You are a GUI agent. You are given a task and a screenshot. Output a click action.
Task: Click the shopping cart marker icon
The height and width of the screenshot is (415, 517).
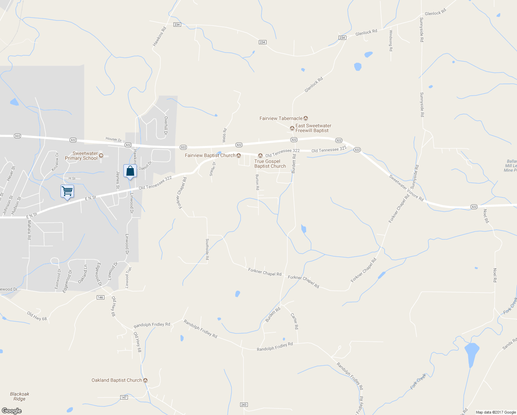[x=67, y=191]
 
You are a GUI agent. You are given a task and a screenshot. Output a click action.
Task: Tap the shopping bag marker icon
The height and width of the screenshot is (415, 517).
[x=130, y=171]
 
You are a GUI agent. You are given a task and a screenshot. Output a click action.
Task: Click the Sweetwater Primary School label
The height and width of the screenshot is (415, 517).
[x=82, y=156]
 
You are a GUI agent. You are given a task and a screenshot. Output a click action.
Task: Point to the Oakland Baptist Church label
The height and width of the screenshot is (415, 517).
[x=117, y=380]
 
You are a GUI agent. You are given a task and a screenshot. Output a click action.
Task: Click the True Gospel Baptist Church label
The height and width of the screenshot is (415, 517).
[x=270, y=164]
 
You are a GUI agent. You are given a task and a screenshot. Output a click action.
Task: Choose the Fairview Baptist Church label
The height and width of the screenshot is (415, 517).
[x=210, y=155]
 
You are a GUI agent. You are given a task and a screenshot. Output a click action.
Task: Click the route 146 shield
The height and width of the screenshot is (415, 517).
[x=100, y=297]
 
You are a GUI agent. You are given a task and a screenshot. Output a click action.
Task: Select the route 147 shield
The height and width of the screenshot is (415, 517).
[x=124, y=397]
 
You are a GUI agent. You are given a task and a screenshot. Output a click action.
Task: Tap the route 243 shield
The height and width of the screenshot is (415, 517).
[x=244, y=405]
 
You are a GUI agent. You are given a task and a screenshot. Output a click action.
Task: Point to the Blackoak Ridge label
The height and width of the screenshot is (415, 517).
[x=20, y=396]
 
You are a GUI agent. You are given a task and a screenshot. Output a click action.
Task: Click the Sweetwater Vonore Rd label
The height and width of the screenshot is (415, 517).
[x=406, y=188]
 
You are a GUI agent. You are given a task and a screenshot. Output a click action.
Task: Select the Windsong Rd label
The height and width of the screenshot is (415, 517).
[x=391, y=40]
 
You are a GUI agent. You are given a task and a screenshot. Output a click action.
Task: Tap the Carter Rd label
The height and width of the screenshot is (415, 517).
[x=294, y=321]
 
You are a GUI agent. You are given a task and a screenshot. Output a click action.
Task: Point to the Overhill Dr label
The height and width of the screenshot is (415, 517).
[x=166, y=125]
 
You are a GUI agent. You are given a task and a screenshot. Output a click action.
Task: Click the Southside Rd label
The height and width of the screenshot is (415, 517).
[x=207, y=249]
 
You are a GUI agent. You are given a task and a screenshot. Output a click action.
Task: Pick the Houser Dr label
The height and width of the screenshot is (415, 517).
[x=114, y=139]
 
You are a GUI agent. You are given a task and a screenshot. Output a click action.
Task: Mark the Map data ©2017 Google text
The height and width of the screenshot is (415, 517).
[x=496, y=412]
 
